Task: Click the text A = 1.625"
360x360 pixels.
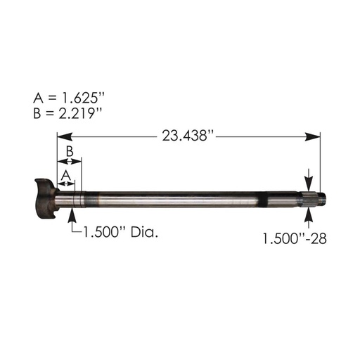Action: click(69, 96)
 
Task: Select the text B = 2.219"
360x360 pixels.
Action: click(69, 112)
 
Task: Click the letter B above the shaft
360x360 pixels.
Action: click(70, 151)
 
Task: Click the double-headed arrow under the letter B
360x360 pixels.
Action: click(69, 162)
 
